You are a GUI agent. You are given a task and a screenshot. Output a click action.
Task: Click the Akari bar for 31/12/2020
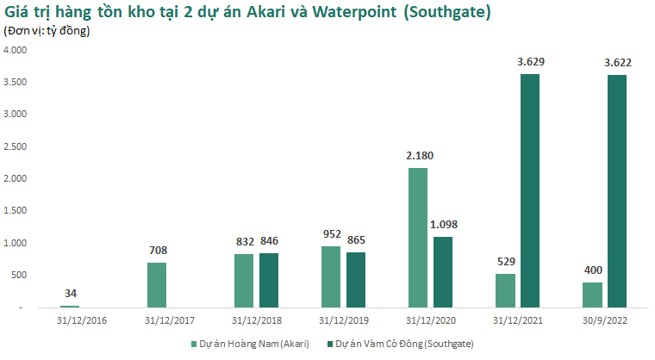tap(417, 238)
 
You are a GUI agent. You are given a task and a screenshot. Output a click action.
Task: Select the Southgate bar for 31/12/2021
tap(529, 190)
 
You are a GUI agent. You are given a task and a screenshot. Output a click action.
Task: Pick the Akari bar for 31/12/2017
tap(156, 285)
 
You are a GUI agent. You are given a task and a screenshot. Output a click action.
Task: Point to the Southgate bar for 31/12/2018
tap(270, 280)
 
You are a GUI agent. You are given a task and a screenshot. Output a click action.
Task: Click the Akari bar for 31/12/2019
tap(330, 276)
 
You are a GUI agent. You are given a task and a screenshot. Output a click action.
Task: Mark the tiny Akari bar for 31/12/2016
tap(69, 306)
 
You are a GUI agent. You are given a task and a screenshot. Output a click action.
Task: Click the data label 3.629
tap(530, 61)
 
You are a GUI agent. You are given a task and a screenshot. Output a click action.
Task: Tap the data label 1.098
tap(444, 224)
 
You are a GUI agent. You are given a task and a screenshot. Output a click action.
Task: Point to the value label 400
tap(592, 270)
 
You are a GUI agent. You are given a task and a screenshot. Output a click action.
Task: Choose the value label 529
tap(505, 261)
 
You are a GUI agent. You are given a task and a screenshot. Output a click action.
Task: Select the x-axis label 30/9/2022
tap(603, 320)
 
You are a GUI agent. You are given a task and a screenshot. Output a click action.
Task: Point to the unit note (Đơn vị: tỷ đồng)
tap(47, 31)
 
